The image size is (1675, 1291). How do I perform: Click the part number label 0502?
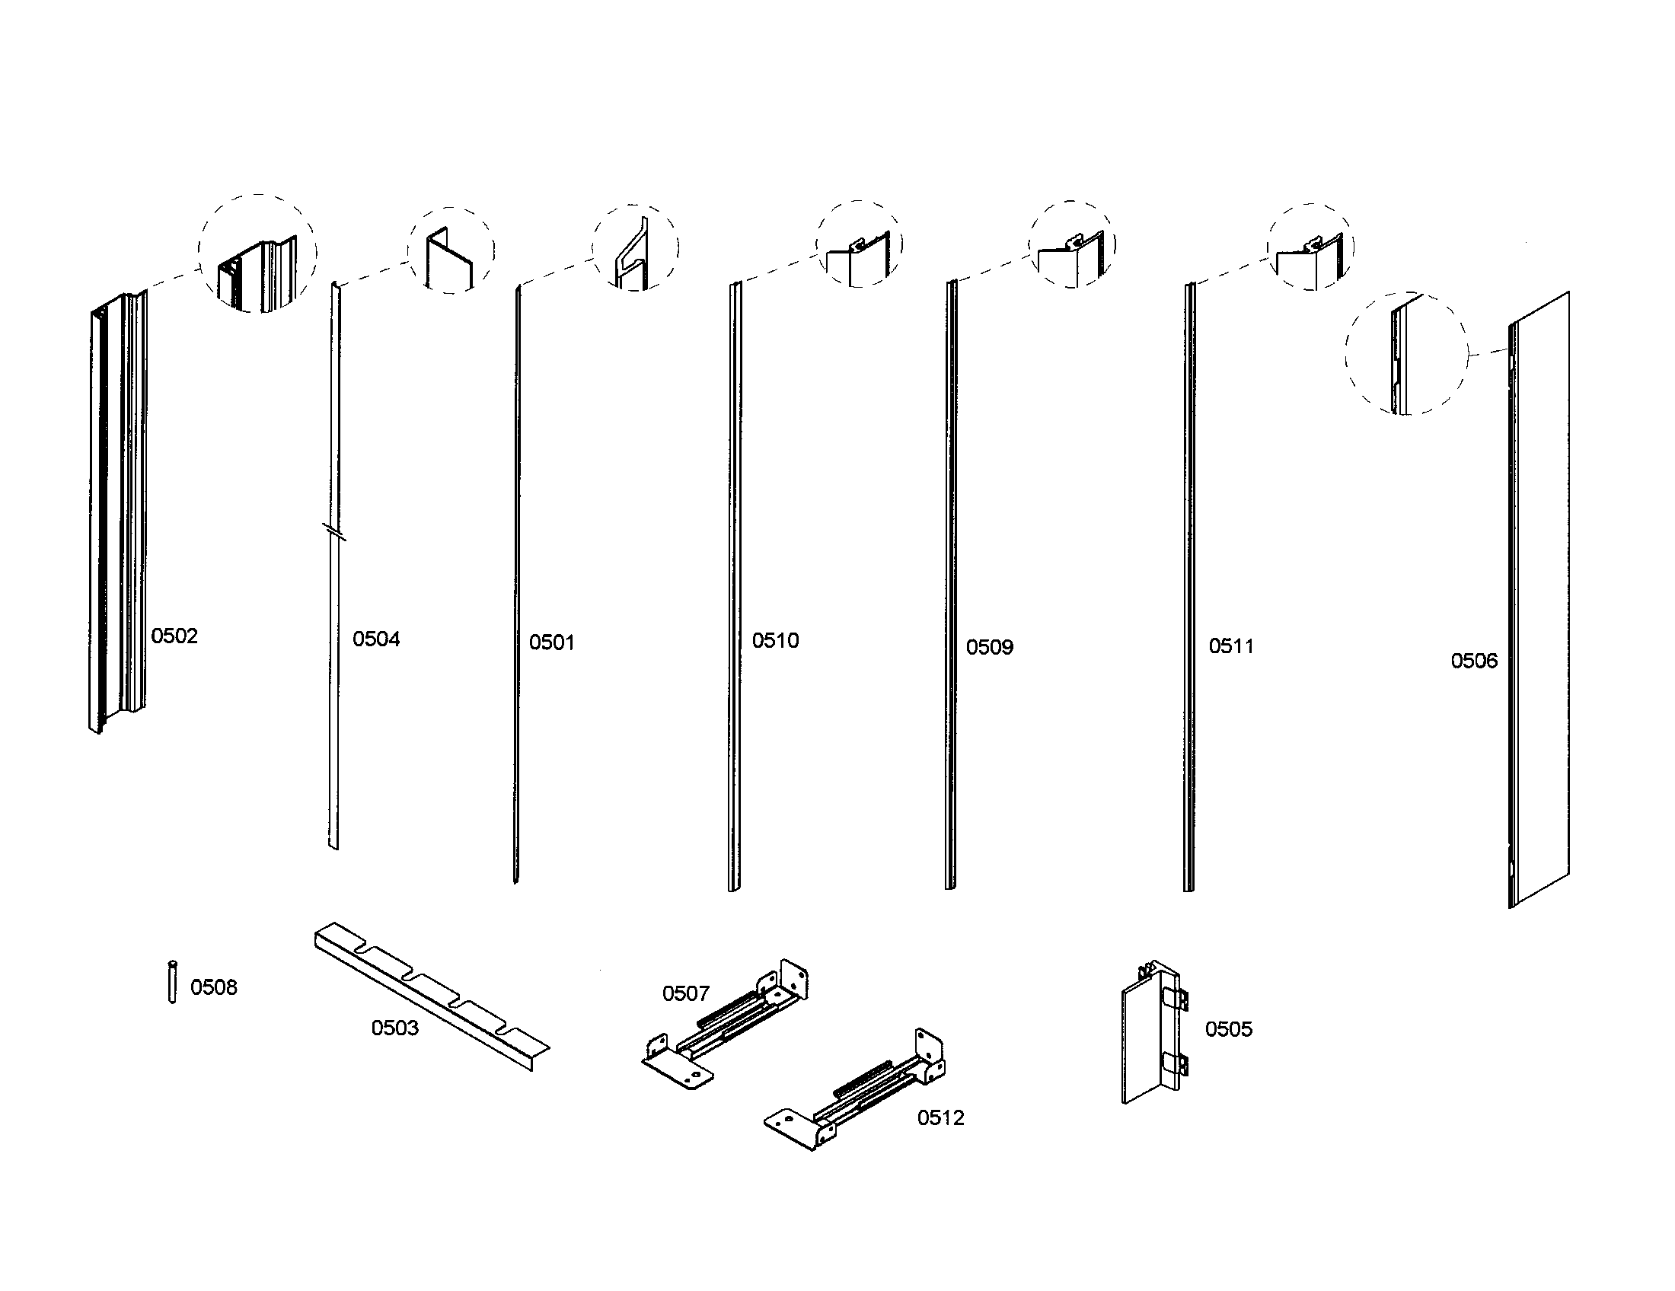click(x=174, y=636)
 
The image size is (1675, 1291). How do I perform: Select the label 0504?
click(x=376, y=639)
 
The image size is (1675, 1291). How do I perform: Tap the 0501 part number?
click(x=551, y=642)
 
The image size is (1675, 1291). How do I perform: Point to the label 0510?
click(x=774, y=640)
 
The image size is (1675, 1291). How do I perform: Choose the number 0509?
click(x=989, y=647)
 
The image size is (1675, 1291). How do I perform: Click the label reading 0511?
click(x=1231, y=646)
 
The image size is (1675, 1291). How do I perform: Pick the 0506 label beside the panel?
click(x=1473, y=661)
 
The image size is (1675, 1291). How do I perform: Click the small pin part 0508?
click(x=172, y=982)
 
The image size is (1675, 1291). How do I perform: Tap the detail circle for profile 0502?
click(x=257, y=253)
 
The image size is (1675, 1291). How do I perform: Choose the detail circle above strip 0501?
click(x=635, y=247)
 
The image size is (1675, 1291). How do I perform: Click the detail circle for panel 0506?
click(x=1406, y=353)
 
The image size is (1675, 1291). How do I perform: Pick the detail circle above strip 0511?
click(x=1310, y=247)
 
